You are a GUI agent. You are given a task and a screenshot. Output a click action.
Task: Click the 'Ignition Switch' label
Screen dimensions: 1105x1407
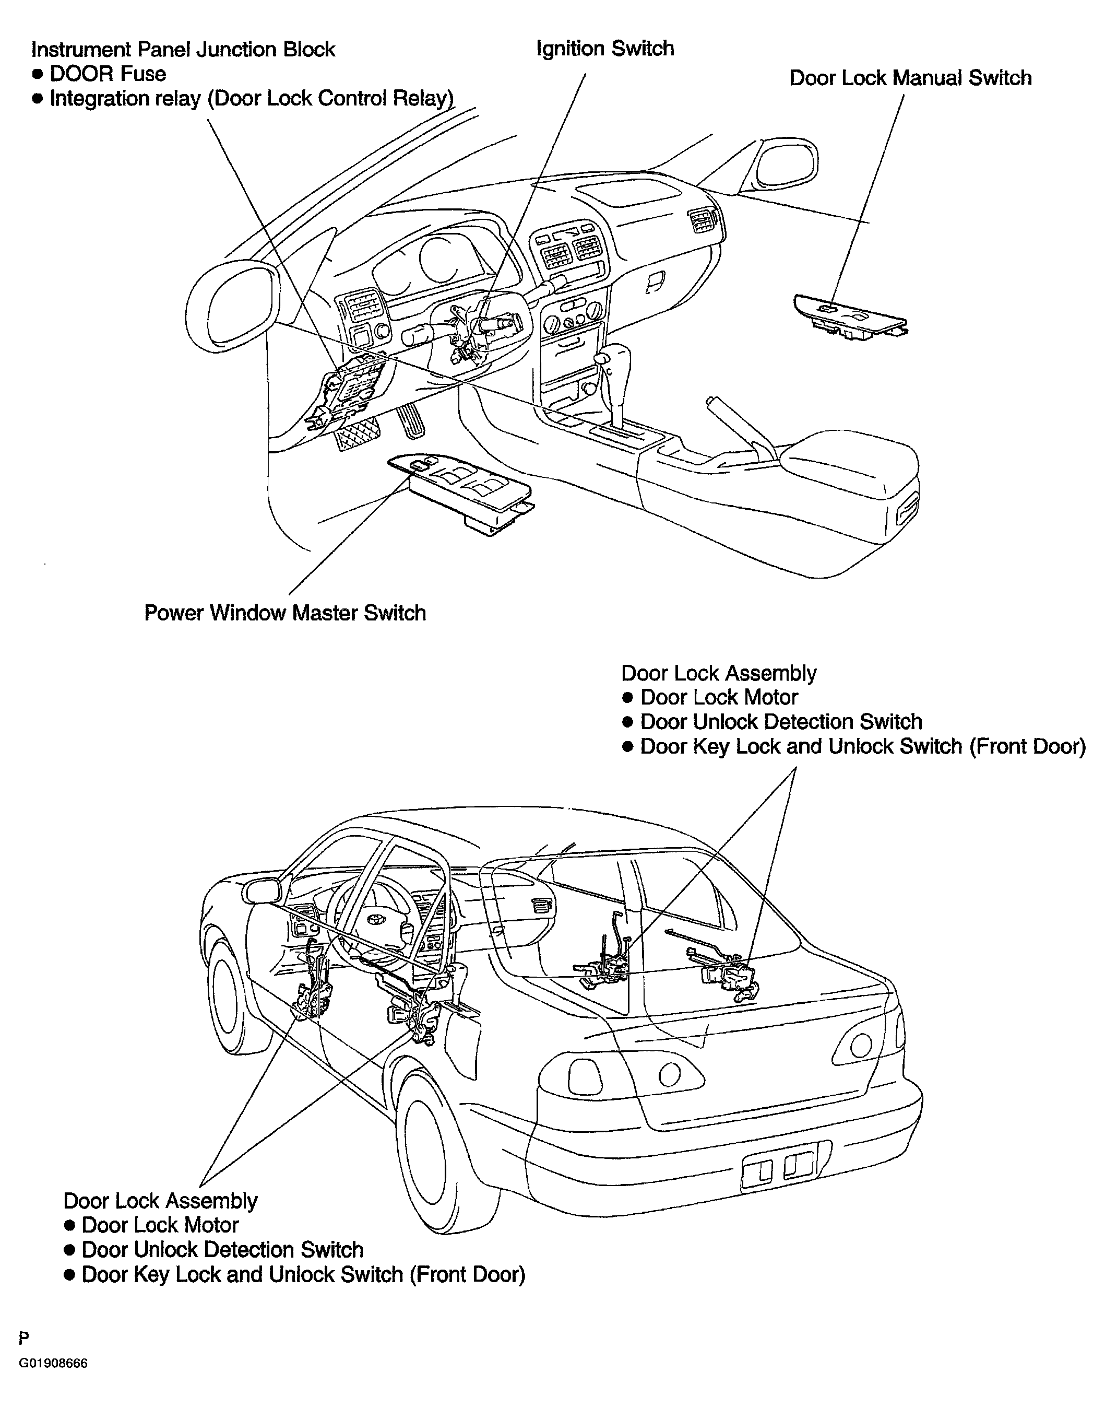pyautogui.click(x=605, y=49)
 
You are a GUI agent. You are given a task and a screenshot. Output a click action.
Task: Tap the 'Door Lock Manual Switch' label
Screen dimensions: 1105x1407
pyautogui.click(x=910, y=78)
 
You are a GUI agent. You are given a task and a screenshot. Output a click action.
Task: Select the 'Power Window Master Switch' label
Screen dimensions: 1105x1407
pyautogui.click(x=286, y=612)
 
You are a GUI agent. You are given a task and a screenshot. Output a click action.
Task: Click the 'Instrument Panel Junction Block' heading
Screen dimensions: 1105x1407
pyautogui.click(x=184, y=50)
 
